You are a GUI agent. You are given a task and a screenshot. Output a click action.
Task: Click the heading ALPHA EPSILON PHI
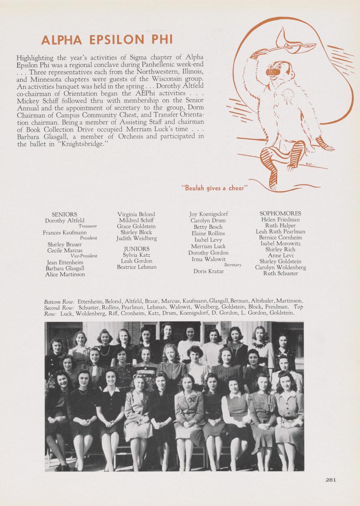(107, 40)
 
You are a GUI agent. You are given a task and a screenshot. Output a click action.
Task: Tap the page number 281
(331, 479)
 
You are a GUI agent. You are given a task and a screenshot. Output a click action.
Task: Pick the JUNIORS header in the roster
(136, 249)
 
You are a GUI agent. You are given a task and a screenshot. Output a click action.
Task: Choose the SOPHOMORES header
(280, 213)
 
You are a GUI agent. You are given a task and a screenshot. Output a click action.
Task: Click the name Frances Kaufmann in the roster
(65, 232)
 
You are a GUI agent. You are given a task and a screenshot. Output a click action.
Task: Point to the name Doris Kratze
(208, 271)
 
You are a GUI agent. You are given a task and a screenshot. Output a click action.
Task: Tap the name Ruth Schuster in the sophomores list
(281, 273)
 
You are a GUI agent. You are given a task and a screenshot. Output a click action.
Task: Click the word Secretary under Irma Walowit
(233, 265)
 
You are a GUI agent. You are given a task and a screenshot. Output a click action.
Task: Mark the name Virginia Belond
(136, 214)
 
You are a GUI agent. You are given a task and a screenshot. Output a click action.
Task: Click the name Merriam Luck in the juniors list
(208, 246)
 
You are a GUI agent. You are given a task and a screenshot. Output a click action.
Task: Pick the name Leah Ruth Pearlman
(280, 232)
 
